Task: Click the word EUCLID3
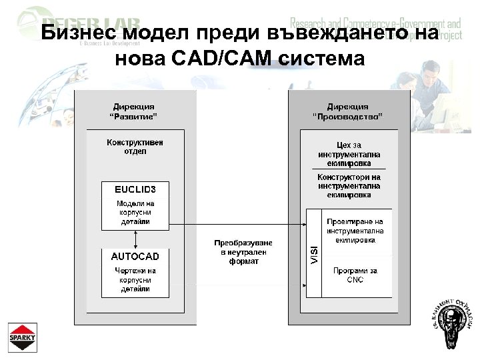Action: [x=135, y=189]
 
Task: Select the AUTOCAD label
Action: [x=135, y=256]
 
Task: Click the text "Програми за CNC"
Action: [x=355, y=275]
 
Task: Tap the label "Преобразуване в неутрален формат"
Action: [x=243, y=252]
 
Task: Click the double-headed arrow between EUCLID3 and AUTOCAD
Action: [x=135, y=239]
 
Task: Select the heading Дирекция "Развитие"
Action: [x=134, y=111]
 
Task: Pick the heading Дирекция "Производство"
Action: [x=347, y=111]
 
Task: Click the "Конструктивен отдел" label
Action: [x=135, y=147]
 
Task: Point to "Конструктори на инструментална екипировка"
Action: [x=349, y=186]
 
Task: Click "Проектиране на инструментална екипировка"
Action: [x=355, y=230]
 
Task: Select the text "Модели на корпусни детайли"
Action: [x=135, y=212]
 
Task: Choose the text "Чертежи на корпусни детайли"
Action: [x=135, y=280]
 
